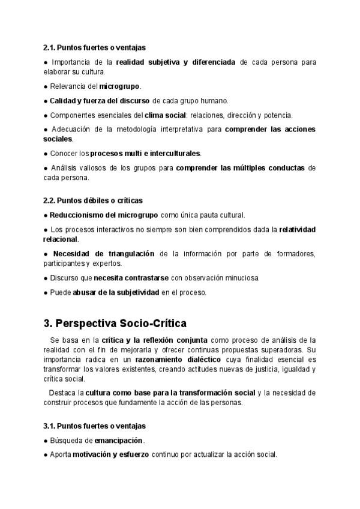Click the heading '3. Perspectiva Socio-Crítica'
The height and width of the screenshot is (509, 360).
[x=115, y=324]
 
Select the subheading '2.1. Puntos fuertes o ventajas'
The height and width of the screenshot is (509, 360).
[x=94, y=47]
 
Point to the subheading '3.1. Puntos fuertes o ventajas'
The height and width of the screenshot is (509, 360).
[x=94, y=426]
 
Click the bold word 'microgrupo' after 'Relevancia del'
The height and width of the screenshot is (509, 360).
[x=120, y=86]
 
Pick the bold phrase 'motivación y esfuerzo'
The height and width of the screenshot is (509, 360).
[x=110, y=454]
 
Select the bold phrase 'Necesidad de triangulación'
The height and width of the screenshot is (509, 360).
[x=103, y=254]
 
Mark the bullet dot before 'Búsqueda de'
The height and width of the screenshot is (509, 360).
[x=46, y=440]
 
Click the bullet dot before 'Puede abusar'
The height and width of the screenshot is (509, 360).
[x=46, y=292]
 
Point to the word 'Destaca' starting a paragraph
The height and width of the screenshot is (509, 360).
[x=63, y=393]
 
